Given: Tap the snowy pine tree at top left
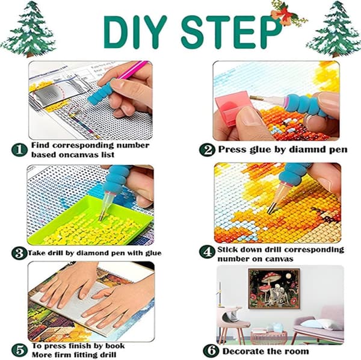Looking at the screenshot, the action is [x=28, y=29].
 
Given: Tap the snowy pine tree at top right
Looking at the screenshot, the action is [x=333, y=29].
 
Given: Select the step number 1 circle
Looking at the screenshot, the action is [x=19, y=150].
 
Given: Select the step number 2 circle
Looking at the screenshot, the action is [x=207, y=150].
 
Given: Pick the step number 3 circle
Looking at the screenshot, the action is [x=19, y=253].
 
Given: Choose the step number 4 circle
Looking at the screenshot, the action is [x=207, y=252].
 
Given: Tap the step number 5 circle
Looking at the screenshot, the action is [x=19, y=350].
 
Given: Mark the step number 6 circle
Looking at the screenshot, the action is [x=211, y=350].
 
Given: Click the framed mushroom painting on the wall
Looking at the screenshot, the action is [x=274, y=288].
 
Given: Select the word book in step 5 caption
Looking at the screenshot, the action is [x=115, y=346].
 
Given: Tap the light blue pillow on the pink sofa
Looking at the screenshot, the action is [x=310, y=324].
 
